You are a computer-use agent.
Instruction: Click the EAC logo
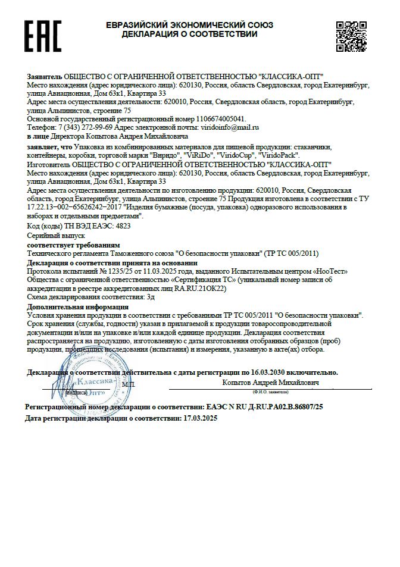pyautogui.click(x=43, y=36)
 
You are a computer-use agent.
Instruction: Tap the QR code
pyautogui.click(x=351, y=36)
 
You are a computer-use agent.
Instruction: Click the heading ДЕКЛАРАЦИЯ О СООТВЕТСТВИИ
pyautogui.click(x=189, y=35)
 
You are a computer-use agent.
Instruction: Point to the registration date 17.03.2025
pyautogui.click(x=201, y=418)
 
